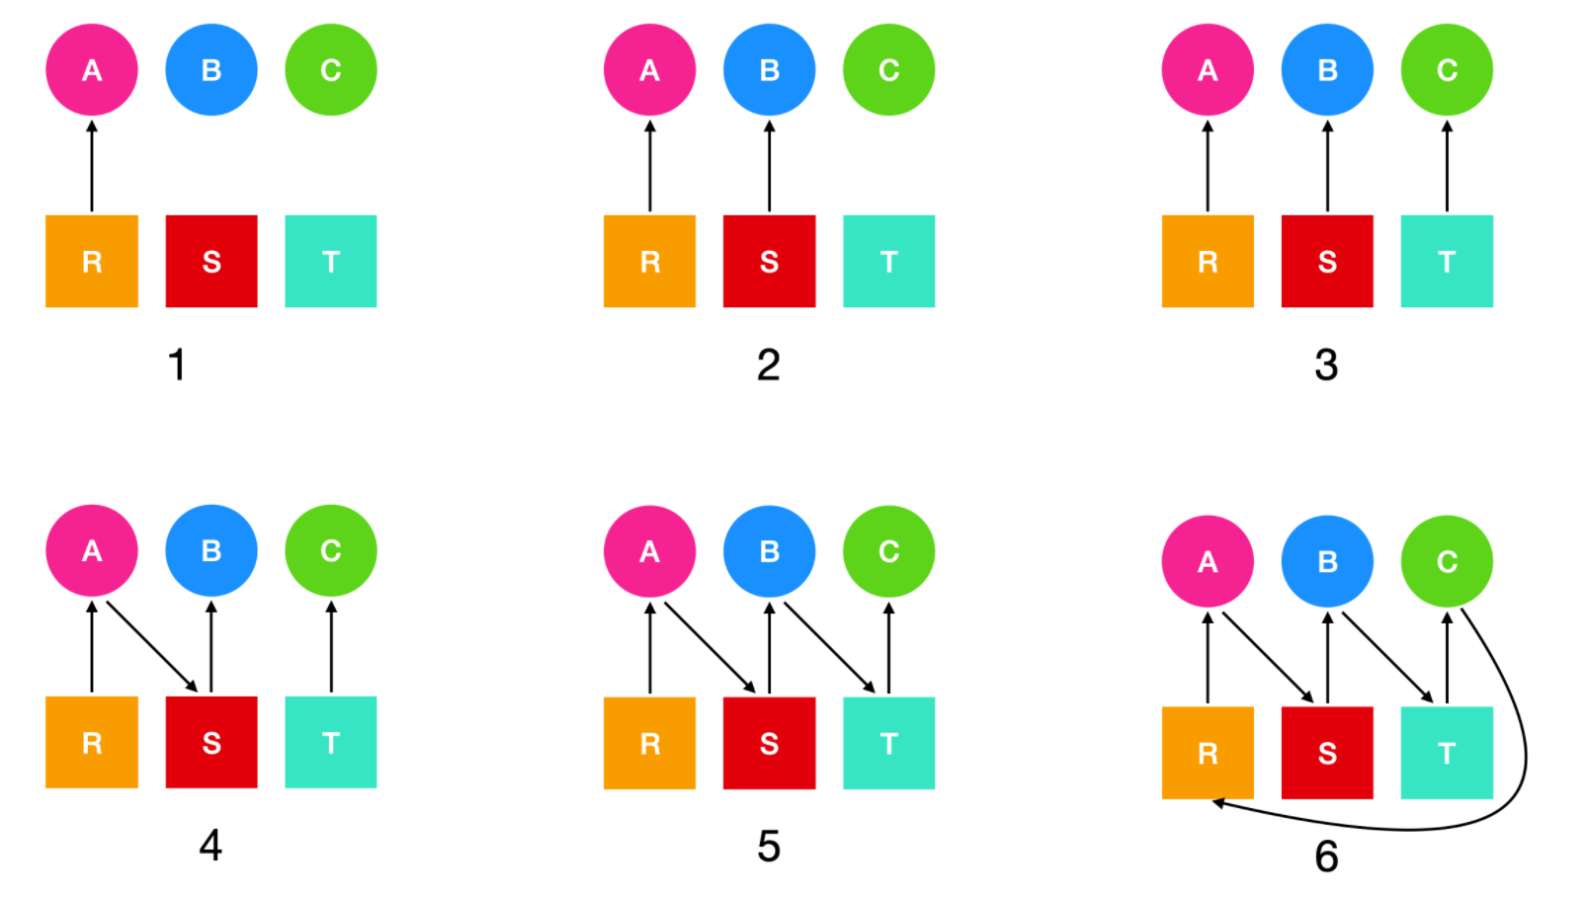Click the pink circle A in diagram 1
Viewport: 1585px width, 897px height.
(x=92, y=70)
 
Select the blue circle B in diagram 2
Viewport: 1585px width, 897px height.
(x=769, y=70)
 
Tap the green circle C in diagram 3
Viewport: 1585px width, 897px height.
(x=1447, y=70)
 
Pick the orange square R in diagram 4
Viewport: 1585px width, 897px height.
(x=92, y=742)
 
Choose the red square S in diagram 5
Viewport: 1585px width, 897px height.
(x=769, y=743)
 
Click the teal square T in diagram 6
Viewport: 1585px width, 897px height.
(x=1447, y=753)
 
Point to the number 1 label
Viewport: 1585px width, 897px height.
(x=177, y=365)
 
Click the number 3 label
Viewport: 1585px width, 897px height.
(x=1326, y=365)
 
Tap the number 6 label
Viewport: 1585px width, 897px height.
(x=1326, y=856)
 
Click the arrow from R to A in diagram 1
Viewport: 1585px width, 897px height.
(x=92, y=166)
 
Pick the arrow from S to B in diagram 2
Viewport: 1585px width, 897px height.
(x=769, y=166)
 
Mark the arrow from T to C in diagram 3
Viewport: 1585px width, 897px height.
(x=1447, y=166)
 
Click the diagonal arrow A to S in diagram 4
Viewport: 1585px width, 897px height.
(x=151, y=646)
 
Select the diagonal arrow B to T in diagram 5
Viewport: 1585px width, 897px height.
(x=828, y=646)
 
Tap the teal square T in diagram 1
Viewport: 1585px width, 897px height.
(x=331, y=261)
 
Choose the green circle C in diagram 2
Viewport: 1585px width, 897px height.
(x=888, y=70)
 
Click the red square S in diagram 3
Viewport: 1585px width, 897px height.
(x=1327, y=261)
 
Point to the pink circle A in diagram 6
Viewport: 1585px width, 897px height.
(x=1208, y=561)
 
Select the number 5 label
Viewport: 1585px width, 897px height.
(x=769, y=846)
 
